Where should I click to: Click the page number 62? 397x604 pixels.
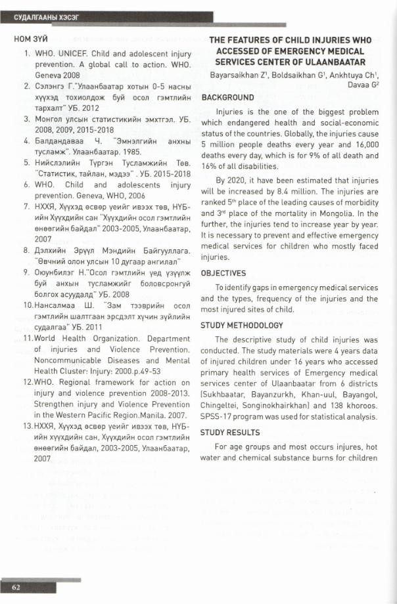(x=15, y=586)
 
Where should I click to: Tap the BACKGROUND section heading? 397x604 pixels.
(x=227, y=97)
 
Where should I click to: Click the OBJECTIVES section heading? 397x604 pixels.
(x=223, y=273)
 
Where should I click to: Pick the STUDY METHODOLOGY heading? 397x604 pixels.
(x=242, y=326)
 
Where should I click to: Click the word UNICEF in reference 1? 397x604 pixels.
(x=74, y=51)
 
